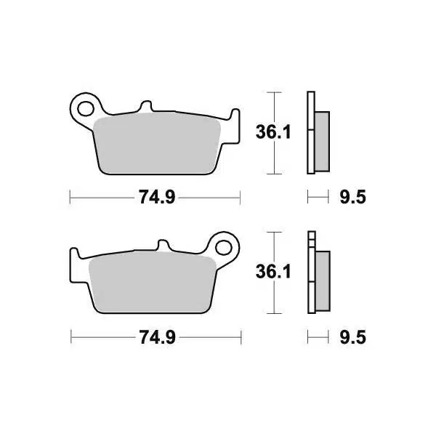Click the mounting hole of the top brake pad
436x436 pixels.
pos(86,108)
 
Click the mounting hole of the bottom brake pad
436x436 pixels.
pos(224,248)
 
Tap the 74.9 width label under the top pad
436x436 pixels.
pos(157,197)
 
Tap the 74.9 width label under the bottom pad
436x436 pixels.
pos(158,337)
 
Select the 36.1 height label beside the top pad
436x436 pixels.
pos(273,132)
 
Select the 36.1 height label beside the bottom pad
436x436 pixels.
pos(273,272)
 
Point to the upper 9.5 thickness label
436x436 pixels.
pos(353,197)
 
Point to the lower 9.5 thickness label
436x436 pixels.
pos(353,337)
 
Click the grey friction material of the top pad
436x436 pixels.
pos(157,143)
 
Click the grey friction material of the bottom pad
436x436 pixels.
pos(153,282)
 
